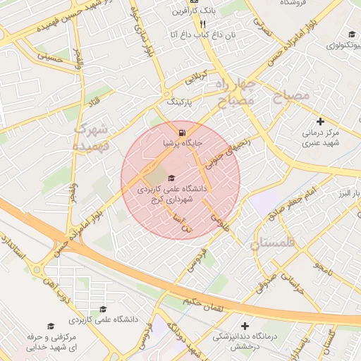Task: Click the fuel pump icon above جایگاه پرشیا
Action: (183, 132)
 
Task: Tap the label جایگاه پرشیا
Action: (183, 143)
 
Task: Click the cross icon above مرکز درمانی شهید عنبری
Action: (321, 121)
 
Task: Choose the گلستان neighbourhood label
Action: (275, 244)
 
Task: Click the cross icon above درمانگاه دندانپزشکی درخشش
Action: (245, 326)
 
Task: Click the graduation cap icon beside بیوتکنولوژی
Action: (351, 35)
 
